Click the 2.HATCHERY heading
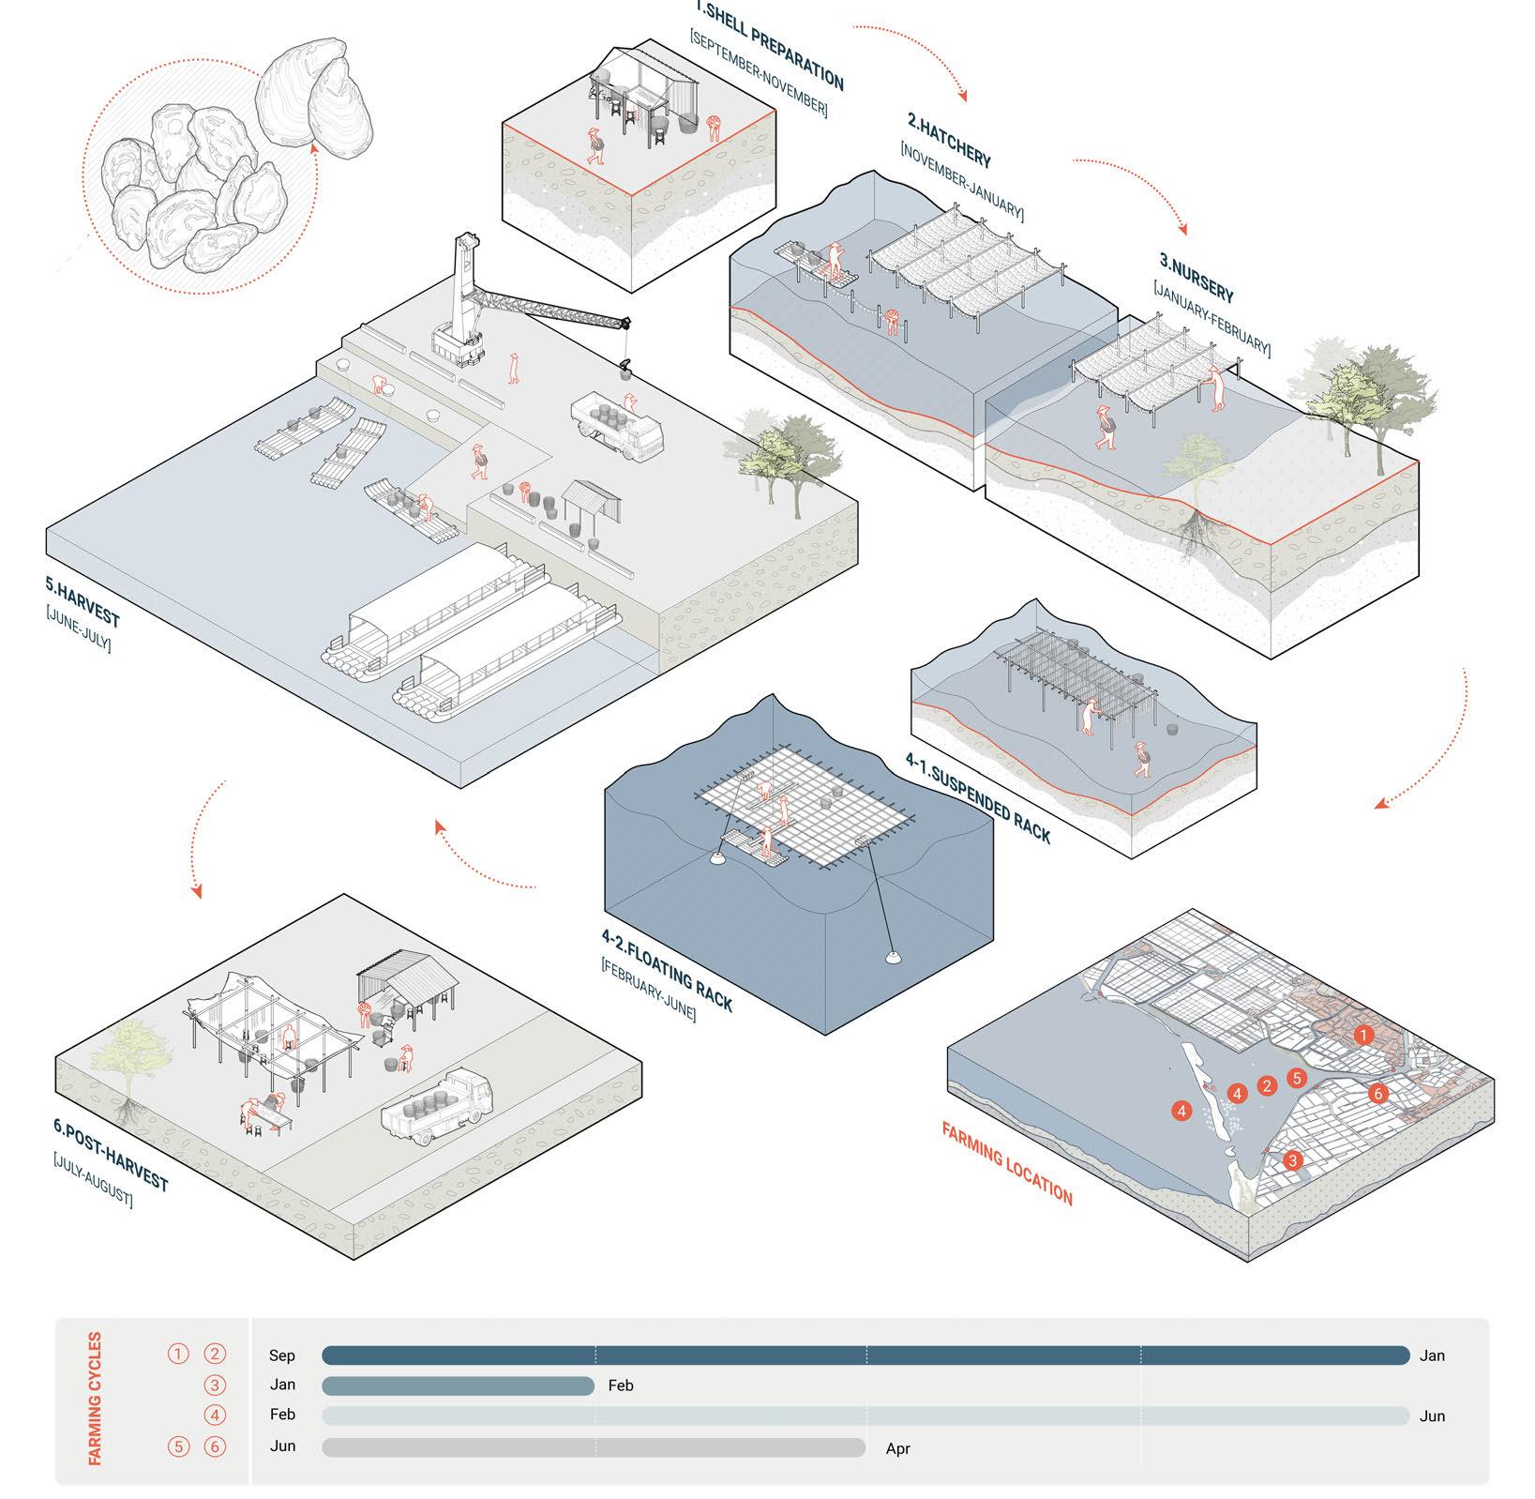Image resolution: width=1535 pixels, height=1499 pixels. tap(948, 140)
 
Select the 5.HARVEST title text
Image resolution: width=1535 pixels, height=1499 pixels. tap(83, 600)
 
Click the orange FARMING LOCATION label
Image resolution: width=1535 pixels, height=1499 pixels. tap(1006, 1163)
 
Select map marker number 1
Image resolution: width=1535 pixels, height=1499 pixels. tap(1363, 1035)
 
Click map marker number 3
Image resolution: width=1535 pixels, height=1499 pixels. tap(1293, 1160)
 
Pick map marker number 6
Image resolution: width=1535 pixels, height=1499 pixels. tap(1377, 1093)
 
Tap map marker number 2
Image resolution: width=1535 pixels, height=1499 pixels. tap(1268, 1086)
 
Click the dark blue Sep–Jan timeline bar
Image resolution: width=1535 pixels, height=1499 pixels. tap(865, 1355)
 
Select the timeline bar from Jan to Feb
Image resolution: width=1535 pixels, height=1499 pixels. tap(458, 1385)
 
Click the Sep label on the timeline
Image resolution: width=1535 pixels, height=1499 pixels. tap(281, 1355)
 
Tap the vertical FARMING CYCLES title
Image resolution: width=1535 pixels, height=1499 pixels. tap(95, 1398)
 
